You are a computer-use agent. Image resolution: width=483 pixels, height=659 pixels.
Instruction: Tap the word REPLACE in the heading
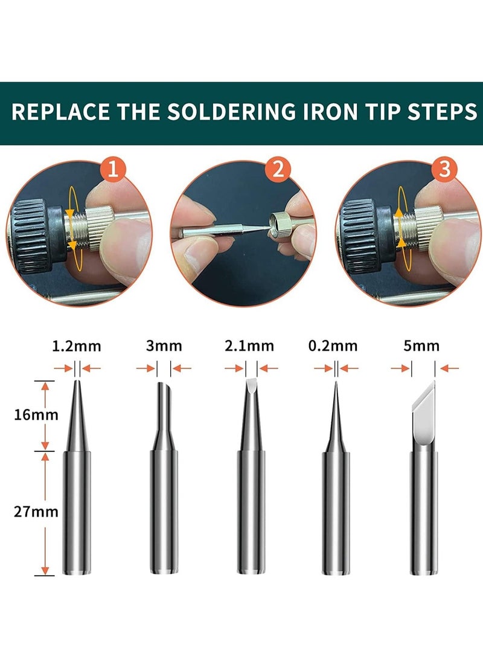[60, 113]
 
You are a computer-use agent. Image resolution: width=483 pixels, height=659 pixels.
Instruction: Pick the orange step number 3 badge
[445, 170]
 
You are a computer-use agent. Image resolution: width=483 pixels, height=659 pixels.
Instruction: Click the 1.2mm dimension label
[77, 346]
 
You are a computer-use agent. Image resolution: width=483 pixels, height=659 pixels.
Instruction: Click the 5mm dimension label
[423, 346]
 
